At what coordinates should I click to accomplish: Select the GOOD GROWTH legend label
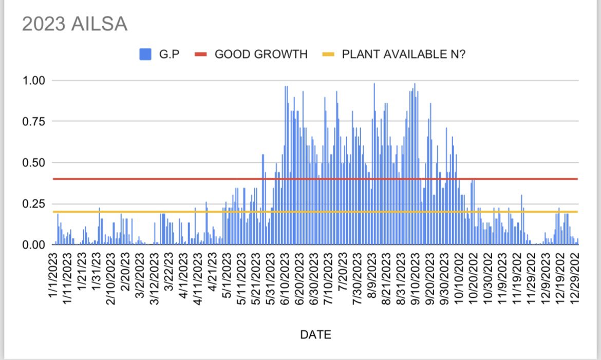pyautogui.click(x=261, y=54)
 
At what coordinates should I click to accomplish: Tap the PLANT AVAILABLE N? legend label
pyautogui.click(x=404, y=54)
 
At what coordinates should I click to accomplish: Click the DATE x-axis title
pyautogui.click(x=315, y=335)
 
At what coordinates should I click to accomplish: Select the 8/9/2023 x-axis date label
pyautogui.click(x=371, y=277)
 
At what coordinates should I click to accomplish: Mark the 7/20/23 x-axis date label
pyautogui.click(x=342, y=277)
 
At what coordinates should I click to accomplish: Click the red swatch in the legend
pyautogui.click(x=201, y=54)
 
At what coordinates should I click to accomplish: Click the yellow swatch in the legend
pyautogui.click(x=328, y=54)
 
